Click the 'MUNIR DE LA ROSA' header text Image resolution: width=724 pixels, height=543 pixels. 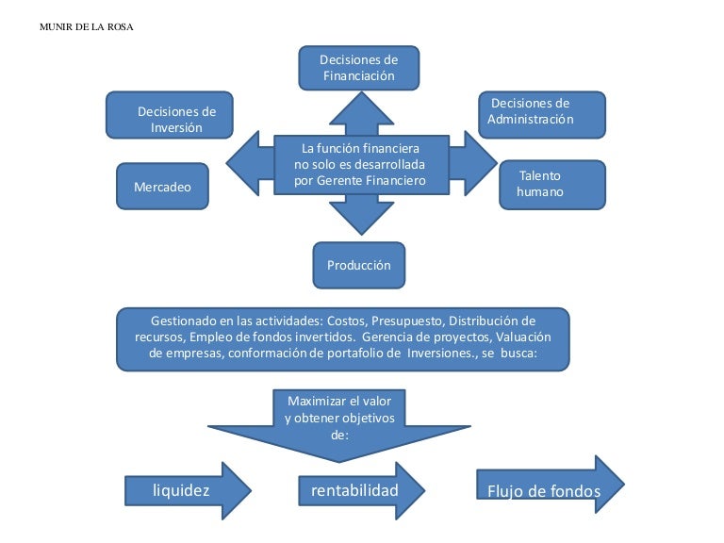87,26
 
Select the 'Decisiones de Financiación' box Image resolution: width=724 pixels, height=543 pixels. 358,68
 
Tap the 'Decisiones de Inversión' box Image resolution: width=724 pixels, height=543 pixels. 170,119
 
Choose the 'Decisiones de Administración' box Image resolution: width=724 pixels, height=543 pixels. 541,114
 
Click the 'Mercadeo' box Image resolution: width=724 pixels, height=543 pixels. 162,187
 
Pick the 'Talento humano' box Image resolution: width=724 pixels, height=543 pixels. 551,184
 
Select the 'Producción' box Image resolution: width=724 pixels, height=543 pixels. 358,265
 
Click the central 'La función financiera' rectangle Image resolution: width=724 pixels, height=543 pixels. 359,164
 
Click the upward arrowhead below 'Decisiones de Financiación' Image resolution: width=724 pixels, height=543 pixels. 361,110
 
